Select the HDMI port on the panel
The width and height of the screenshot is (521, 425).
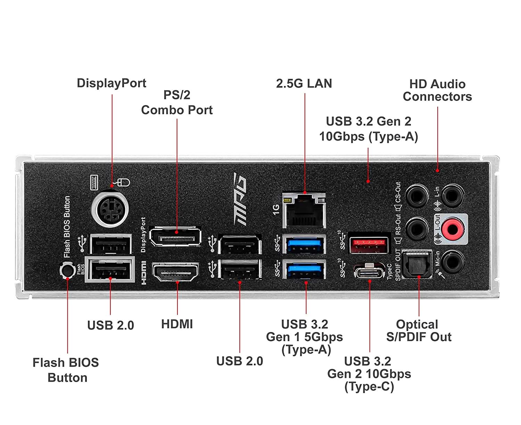pos(176,272)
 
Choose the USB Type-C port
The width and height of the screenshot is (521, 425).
pos(369,272)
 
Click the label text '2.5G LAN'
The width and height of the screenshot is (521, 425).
pos(304,84)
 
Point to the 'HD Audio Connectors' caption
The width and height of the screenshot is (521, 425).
pos(437,90)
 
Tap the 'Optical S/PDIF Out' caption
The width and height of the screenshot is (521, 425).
pos(418,331)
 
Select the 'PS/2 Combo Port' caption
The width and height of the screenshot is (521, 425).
pos(177,102)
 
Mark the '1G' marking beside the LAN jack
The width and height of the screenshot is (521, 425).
pos(276,209)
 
